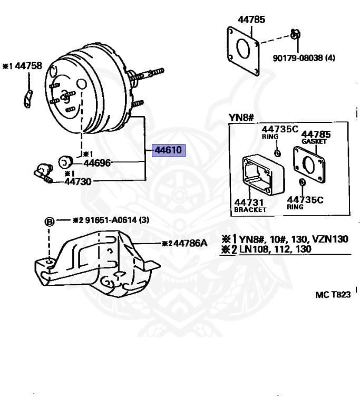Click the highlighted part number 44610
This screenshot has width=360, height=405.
tap(168, 150)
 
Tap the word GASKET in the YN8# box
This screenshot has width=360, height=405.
tap(315, 141)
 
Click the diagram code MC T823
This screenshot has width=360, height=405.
tap(333, 295)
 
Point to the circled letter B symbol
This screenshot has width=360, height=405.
tap(49, 222)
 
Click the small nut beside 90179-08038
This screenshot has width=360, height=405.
tap(296, 35)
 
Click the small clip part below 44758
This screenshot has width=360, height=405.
tap(28, 98)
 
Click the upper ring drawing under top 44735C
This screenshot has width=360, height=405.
tap(278, 153)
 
